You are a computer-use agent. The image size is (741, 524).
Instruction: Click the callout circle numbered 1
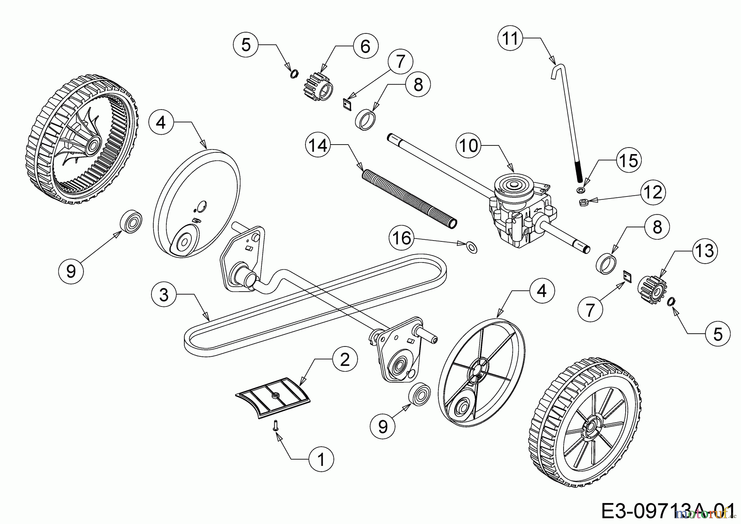[321, 459]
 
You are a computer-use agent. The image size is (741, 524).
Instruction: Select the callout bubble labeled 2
[344, 360]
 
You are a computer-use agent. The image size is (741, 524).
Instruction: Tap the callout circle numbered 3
[164, 295]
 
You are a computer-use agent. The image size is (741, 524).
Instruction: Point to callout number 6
[365, 46]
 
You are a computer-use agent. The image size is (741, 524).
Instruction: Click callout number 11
[510, 39]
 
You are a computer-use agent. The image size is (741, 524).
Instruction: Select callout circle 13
[704, 250]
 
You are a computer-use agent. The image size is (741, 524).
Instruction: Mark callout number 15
[629, 160]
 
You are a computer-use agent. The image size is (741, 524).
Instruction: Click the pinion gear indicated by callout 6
[319, 85]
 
